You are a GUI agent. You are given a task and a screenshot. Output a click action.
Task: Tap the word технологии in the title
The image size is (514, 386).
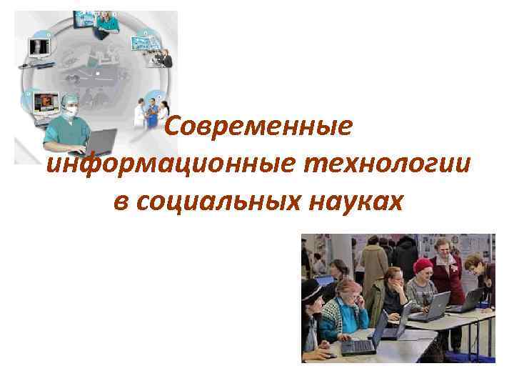(386, 164)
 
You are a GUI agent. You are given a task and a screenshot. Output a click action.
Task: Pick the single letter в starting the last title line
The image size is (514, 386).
(120, 202)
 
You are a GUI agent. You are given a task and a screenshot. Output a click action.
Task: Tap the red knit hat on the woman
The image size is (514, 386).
(423, 265)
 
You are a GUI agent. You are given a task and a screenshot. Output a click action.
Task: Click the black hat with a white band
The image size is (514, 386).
(311, 290)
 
